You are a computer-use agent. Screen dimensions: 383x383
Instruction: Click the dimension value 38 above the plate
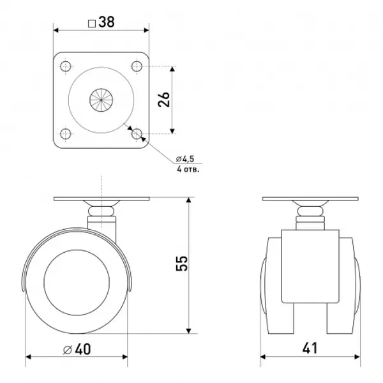pyautogui.click(x=107, y=22)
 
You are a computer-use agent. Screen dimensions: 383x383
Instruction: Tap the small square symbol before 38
pyautogui.click(x=91, y=24)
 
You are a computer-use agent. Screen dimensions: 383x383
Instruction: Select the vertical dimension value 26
pyautogui.click(x=163, y=100)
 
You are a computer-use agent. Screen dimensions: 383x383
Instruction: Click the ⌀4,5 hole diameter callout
pyautogui.click(x=185, y=159)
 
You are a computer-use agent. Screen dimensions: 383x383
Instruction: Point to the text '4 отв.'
pyautogui.click(x=188, y=169)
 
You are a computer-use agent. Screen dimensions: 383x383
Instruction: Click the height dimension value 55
pyautogui.click(x=182, y=263)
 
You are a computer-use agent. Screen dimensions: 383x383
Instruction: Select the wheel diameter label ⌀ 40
pyautogui.click(x=77, y=349)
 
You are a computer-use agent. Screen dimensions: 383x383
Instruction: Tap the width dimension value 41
pyautogui.click(x=310, y=348)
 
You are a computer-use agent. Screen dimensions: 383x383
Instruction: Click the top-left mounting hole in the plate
pyautogui.click(x=66, y=66)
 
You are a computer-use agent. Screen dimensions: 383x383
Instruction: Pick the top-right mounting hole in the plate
pyautogui.click(x=137, y=66)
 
